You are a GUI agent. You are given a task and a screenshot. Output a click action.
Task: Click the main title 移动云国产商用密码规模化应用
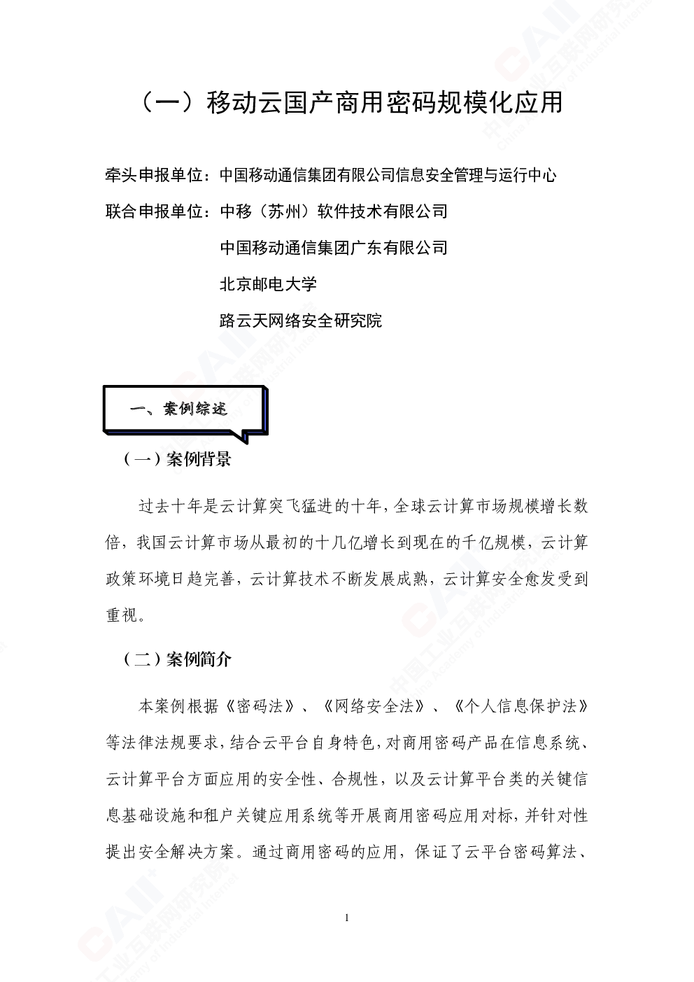pyautogui.click(x=384, y=103)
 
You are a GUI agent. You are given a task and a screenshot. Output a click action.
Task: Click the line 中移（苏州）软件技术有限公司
pyautogui.click(x=334, y=212)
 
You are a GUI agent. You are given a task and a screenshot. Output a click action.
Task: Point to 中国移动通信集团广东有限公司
pyautogui.click(x=334, y=248)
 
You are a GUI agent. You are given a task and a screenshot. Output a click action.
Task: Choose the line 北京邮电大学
pyautogui.click(x=268, y=284)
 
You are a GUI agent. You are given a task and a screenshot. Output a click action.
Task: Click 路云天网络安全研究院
pyautogui.click(x=301, y=321)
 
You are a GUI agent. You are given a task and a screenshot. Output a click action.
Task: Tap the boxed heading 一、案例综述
pyautogui.click(x=178, y=409)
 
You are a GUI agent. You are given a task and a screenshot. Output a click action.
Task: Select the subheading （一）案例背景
pyautogui.click(x=178, y=459)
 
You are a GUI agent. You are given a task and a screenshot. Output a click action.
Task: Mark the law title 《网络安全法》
pyautogui.click(x=374, y=707)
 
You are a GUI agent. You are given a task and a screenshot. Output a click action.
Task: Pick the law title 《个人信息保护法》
pyautogui.click(x=520, y=707)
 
